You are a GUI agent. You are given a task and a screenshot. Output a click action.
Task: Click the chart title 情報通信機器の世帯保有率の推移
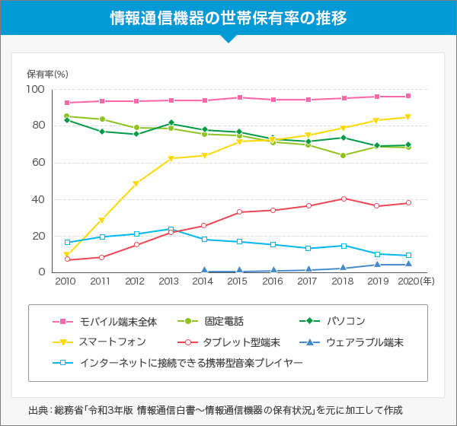click(228, 17)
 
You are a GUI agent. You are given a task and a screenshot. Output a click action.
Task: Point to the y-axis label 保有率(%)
click(47, 75)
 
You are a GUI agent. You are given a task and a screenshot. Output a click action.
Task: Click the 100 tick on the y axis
click(36, 90)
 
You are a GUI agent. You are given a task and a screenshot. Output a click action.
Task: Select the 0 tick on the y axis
click(42, 272)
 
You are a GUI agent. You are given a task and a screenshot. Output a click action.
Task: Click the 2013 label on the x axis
click(169, 282)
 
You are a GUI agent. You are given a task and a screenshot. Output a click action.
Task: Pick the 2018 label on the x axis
click(344, 282)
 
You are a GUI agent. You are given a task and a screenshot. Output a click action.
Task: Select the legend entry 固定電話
click(224, 321)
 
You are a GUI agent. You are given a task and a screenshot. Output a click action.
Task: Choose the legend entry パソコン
click(346, 321)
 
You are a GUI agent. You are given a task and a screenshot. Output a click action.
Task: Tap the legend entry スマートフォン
click(117, 342)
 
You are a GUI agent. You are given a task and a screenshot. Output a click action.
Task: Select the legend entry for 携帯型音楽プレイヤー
click(191, 364)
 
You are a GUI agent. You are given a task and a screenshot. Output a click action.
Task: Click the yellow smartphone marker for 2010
click(67, 256)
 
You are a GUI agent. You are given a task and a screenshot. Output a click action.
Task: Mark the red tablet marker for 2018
click(344, 199)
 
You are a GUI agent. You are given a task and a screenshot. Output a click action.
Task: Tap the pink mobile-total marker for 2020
click(408, 96)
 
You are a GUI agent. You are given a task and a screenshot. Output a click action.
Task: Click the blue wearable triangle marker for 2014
click(204, 270)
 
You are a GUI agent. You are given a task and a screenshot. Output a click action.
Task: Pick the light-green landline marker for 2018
click(344, 155)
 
